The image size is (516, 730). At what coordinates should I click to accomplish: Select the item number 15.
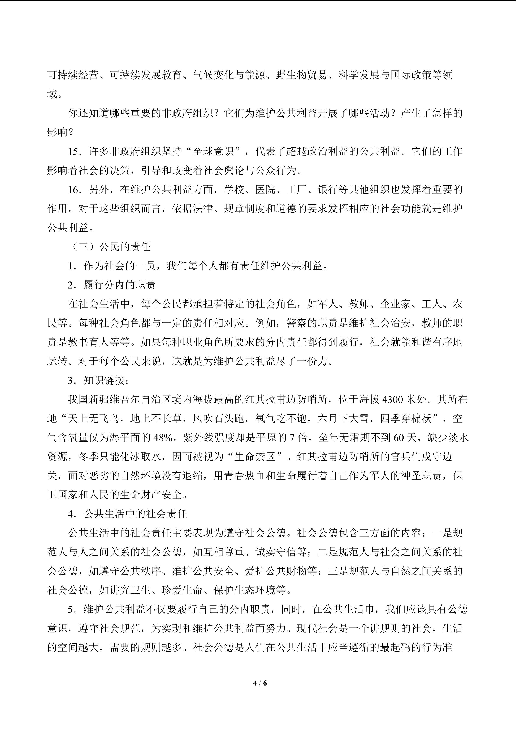coord(75,151)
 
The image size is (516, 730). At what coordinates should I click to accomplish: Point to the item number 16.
coord(75,189)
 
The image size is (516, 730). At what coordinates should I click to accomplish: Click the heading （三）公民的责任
coord(110,247)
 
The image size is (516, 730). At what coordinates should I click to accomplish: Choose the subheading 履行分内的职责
coord(119,285)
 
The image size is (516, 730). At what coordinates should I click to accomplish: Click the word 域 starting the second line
coord(52,94)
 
